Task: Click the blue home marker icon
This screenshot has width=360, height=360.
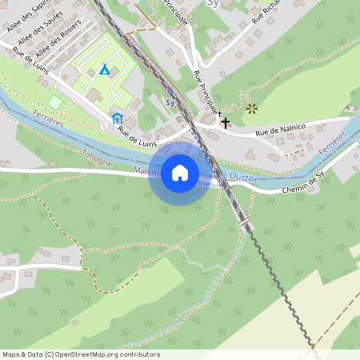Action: point(180,173)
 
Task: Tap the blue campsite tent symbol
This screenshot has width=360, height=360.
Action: point(105,70)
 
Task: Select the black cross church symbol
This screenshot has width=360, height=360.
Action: point(226,123)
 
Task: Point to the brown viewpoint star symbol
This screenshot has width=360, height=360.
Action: point(252,107)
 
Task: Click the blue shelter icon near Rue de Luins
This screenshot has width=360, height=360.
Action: point(117,119)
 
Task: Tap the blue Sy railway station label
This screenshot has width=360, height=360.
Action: point(170,102)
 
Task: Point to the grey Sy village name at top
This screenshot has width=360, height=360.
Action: point(211,3)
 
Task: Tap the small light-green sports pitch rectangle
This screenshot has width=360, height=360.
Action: point(54,102)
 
